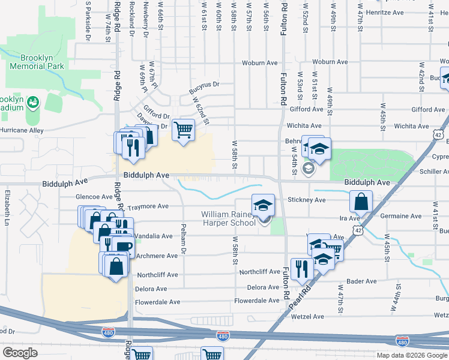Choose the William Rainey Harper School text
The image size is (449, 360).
(228, 218)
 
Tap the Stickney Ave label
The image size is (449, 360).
(306, 200)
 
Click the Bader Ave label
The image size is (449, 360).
(361, 281)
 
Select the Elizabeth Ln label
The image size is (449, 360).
(8, 203)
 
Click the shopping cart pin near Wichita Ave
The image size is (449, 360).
(183, 130)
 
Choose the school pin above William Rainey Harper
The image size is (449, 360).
(262, 205)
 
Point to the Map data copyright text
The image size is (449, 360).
(411, 355)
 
